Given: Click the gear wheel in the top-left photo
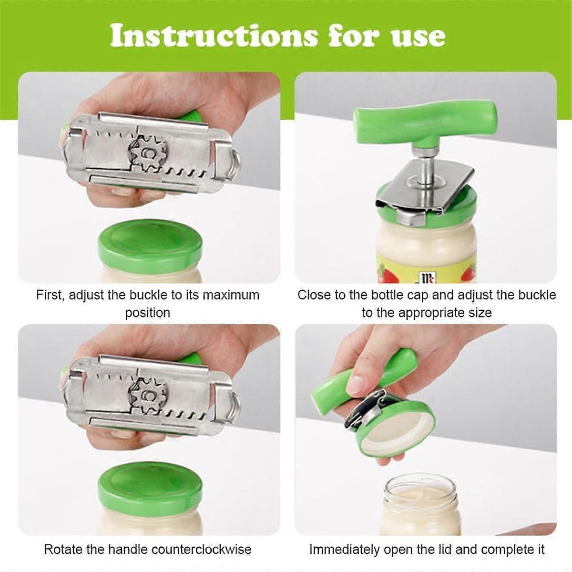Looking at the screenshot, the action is point(148,154).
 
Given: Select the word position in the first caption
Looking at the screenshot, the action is point(147,313).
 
